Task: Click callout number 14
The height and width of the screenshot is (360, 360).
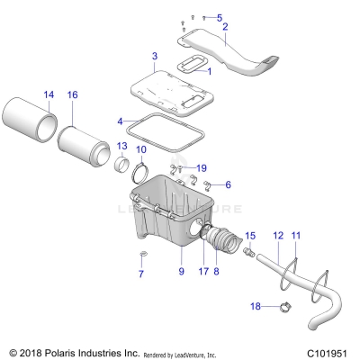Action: pyautogui.click(x=49, y=94)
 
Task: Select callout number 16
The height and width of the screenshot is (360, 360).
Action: pyautogui.click(x=73, y=94)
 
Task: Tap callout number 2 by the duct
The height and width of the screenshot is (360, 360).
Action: pyautogui.click(x=225, y=28)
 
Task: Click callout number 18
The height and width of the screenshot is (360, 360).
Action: pyautogui.click(x=255, y=307)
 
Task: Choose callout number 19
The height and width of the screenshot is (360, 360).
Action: pyautogui.click(x=202, y=167)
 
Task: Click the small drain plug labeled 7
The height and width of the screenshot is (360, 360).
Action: pyautogui.click(x=141, y=256)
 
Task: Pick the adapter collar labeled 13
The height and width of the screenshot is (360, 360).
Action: pyautogui.click(x=121, y=166)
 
